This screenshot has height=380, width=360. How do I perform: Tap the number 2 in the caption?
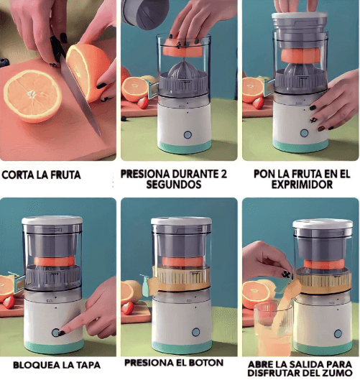click(x=223, y=174)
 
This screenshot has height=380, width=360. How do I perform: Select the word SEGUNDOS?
click(x=174, y=185)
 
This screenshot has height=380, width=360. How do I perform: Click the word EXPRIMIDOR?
click(x=302, y=185)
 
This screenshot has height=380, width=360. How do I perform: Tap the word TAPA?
click(x=88, y=365)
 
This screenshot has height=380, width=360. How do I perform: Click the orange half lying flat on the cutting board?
click(x=32, y=96)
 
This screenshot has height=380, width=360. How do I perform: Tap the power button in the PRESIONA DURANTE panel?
click(x=188, y=135)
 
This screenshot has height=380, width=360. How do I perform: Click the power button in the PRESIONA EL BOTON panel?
click(x=195, y=332)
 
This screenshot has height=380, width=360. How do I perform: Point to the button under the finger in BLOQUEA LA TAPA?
click(x=56, y=333)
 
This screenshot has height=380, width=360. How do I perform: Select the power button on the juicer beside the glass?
click(x=338, y=334)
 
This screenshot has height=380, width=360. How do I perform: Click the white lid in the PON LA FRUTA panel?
click(x=300, y=17)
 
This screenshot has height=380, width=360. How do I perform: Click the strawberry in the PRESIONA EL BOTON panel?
click(x=127, y=308)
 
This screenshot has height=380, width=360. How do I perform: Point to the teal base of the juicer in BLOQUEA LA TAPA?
click(x=54, y=346)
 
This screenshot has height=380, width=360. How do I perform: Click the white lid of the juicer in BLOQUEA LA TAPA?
click(x=52, y=221)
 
